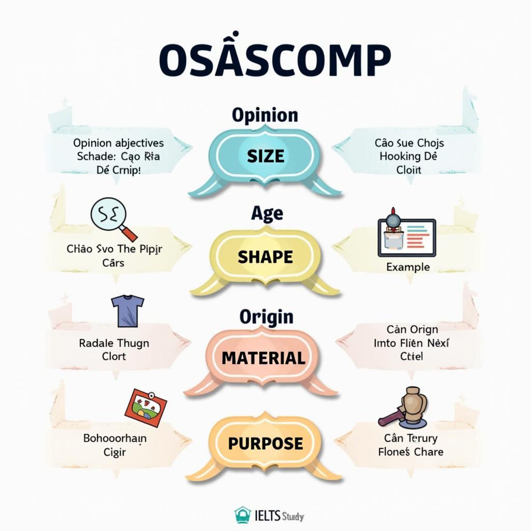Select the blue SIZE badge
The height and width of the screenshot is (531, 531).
265,156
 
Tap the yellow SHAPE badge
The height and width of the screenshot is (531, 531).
265,257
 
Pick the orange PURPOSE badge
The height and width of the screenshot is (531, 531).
265,443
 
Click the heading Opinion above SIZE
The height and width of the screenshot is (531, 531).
265,115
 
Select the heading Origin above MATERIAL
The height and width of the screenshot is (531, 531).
266,316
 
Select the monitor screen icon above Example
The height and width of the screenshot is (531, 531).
407,236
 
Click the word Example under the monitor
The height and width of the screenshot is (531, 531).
408,267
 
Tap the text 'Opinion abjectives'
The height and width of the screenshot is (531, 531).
118,143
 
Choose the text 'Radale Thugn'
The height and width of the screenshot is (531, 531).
114,343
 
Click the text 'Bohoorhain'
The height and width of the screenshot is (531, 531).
115,438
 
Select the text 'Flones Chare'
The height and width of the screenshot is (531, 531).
411,452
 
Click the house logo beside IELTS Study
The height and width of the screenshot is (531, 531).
243,515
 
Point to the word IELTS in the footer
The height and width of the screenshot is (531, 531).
267,516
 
